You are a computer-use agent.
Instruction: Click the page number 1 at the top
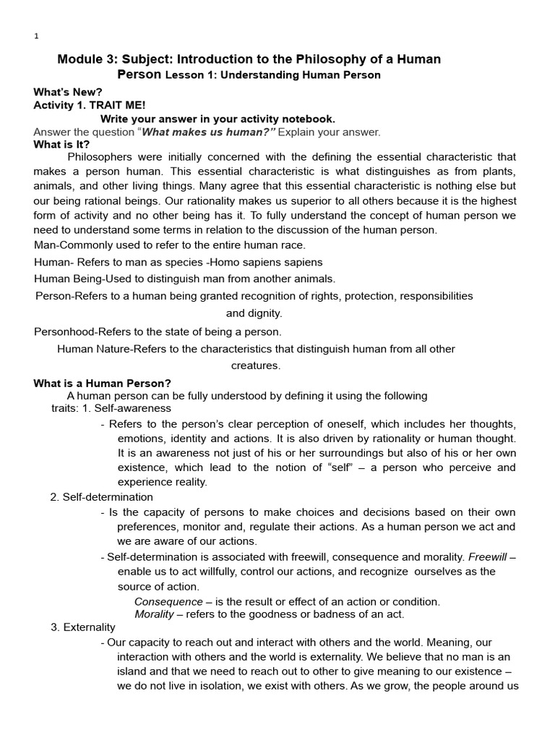[36, 37]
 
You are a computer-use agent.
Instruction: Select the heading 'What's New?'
[68, 93]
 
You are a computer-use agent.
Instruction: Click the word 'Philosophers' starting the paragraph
[101, 156]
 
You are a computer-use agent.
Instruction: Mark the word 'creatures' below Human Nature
[255, 365]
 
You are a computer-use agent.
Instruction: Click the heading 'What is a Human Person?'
[102, 384]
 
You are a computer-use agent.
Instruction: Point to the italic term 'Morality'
[154, 614]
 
